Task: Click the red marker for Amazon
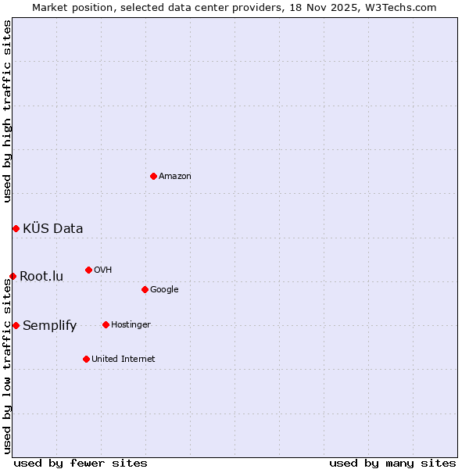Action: click(x=153, y=176)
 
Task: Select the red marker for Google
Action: click(x=145, y=289)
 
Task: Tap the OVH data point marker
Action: click(x=88, y=270)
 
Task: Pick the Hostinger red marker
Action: click(x=106, y=324)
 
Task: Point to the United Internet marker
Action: click(x=86, y=359)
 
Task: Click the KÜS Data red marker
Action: click(x=16, y=228)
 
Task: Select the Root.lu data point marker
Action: click(x=13, y=276)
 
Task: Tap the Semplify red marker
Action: click(x=16, y=325)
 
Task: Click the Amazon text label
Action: click(x=175, y=177)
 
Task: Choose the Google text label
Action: click(x=164, y=290)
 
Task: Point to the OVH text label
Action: click(x=102, y=270)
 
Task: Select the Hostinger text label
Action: click(x=131, y=325)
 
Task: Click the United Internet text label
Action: click(x=123, y=360)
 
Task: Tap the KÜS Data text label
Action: click(x=52, y=229)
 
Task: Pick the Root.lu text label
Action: click(x=41, y=277)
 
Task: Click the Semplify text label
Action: click(x=49, y=326)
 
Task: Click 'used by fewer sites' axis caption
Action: click(x=81, y=463)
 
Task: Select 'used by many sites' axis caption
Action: click(x=392, y=463)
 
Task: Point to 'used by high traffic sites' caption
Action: click(x=7, y=111)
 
